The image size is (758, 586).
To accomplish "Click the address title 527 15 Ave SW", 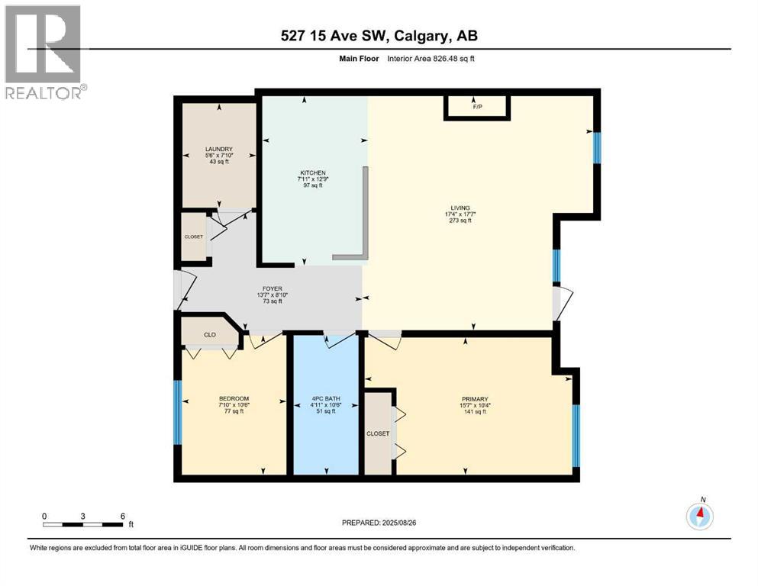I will coord(379,36).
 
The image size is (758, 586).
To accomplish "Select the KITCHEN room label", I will coord(312,179).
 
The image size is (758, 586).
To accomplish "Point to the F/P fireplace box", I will coord(477,108).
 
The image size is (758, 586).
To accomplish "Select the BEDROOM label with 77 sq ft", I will coord(234,405).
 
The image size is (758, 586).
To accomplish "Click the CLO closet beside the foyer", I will coord(209,334).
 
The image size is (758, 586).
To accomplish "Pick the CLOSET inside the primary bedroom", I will coord(377,433).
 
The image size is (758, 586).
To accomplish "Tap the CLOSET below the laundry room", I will coord(194,237).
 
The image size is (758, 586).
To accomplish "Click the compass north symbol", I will coord(699,516).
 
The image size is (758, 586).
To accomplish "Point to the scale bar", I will coord(83,524).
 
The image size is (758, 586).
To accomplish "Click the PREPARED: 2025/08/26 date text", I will coord(379,523).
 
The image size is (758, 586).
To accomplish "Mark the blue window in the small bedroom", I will coord(177,412).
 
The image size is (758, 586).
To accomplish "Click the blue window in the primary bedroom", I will coord(576,435).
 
